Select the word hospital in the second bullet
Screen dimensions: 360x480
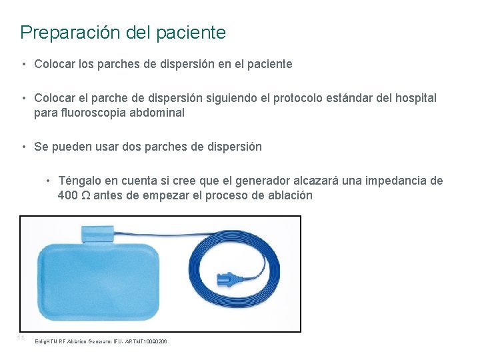(415, 98)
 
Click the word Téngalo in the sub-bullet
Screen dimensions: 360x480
(81, 181)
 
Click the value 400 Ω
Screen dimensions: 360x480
(74, 195)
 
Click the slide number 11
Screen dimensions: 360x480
(21, 338)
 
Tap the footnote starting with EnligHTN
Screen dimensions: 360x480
(100, 341)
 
